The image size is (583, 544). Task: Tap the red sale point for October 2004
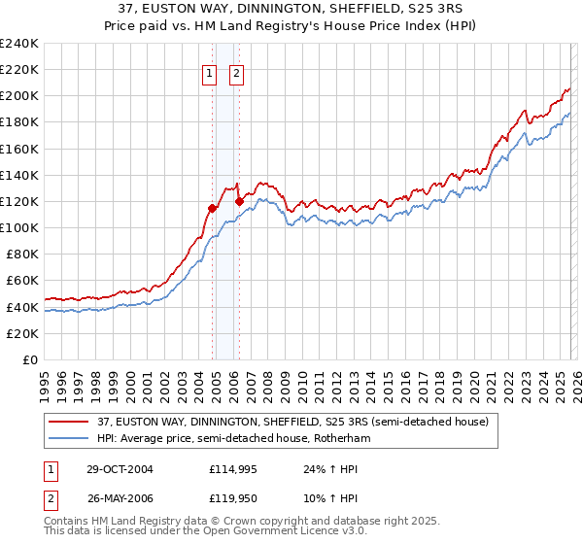[213, 208]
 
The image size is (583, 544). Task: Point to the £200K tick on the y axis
[19, 96]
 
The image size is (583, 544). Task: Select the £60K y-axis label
[23, 281]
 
